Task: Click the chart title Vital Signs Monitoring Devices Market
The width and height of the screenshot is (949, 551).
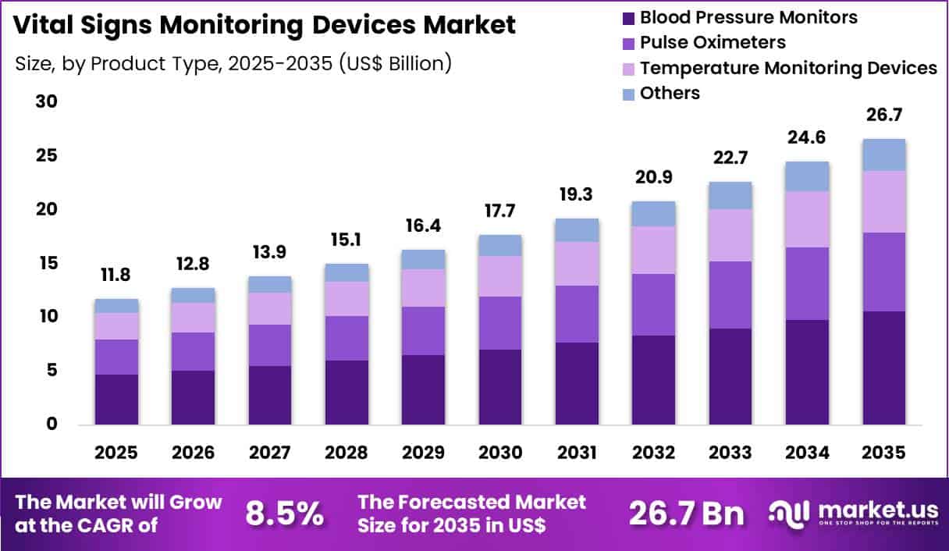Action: pos(265,25)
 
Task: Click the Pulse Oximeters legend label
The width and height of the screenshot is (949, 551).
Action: pos(713,42)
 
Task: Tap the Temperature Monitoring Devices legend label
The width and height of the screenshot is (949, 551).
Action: pos(787,68)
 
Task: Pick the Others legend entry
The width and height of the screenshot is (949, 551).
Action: pos(669,93)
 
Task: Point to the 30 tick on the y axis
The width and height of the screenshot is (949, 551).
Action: pos(47,102)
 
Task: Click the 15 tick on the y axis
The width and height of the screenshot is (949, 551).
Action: pos(47,264)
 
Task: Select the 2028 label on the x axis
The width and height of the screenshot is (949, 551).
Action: pos(347,453)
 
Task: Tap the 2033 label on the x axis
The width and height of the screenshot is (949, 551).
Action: pos(730,453)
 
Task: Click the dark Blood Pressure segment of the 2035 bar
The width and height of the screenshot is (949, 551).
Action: pos(884,368)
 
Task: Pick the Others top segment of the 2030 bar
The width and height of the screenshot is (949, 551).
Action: pos(500,245)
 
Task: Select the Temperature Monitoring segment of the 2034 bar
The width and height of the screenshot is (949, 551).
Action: pos(807,219)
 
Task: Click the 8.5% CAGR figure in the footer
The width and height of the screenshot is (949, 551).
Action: pos(284,514)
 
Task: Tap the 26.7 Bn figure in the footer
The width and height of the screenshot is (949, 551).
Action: pos(687,514)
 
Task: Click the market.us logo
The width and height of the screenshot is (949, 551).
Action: pos(854,513)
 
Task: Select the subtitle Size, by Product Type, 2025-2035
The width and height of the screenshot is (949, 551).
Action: pos(233,63)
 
